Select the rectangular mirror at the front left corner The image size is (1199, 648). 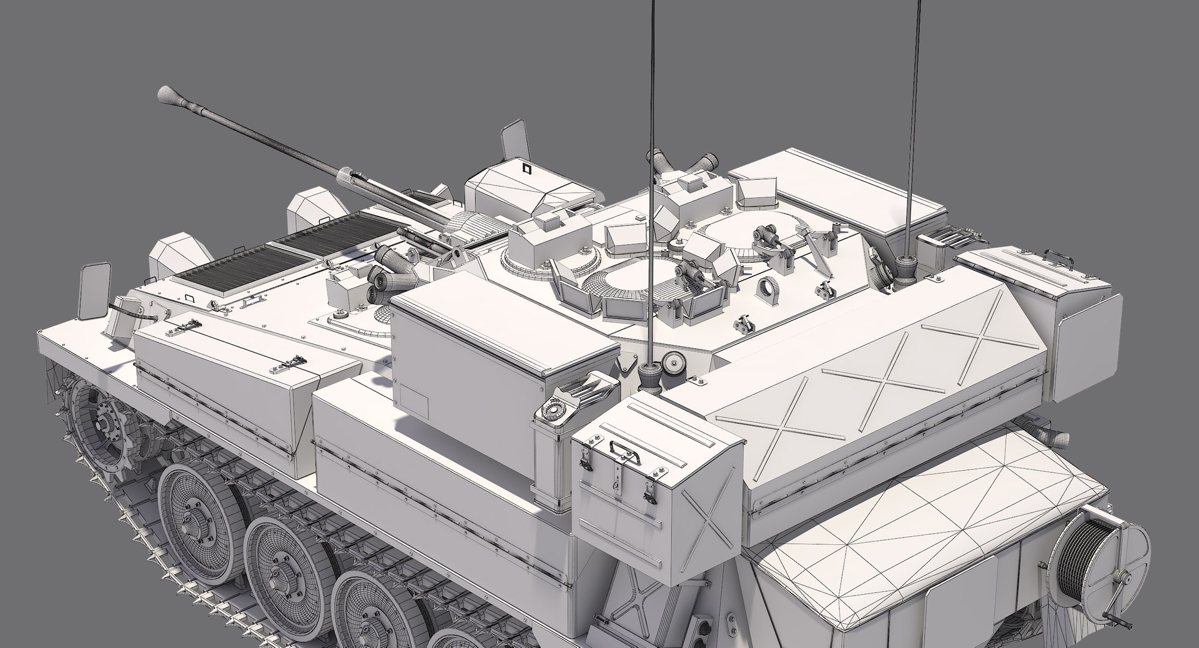click(94, 289)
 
